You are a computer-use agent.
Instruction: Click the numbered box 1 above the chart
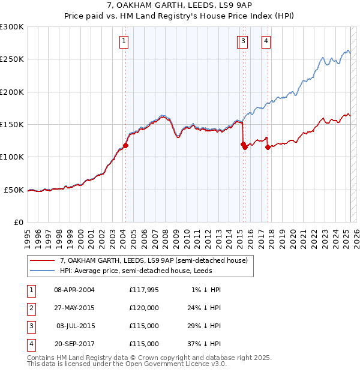(123, 41)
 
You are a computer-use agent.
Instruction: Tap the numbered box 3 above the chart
(243, 41)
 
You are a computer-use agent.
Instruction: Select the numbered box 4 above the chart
(265, 41)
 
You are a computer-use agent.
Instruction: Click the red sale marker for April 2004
(125, 145)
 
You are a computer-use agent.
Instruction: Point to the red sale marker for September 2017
(268, 147)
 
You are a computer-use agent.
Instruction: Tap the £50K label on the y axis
(14, 190)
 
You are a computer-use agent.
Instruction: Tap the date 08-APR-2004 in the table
(74, 290)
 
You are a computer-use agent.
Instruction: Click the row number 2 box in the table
(29, 308)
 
